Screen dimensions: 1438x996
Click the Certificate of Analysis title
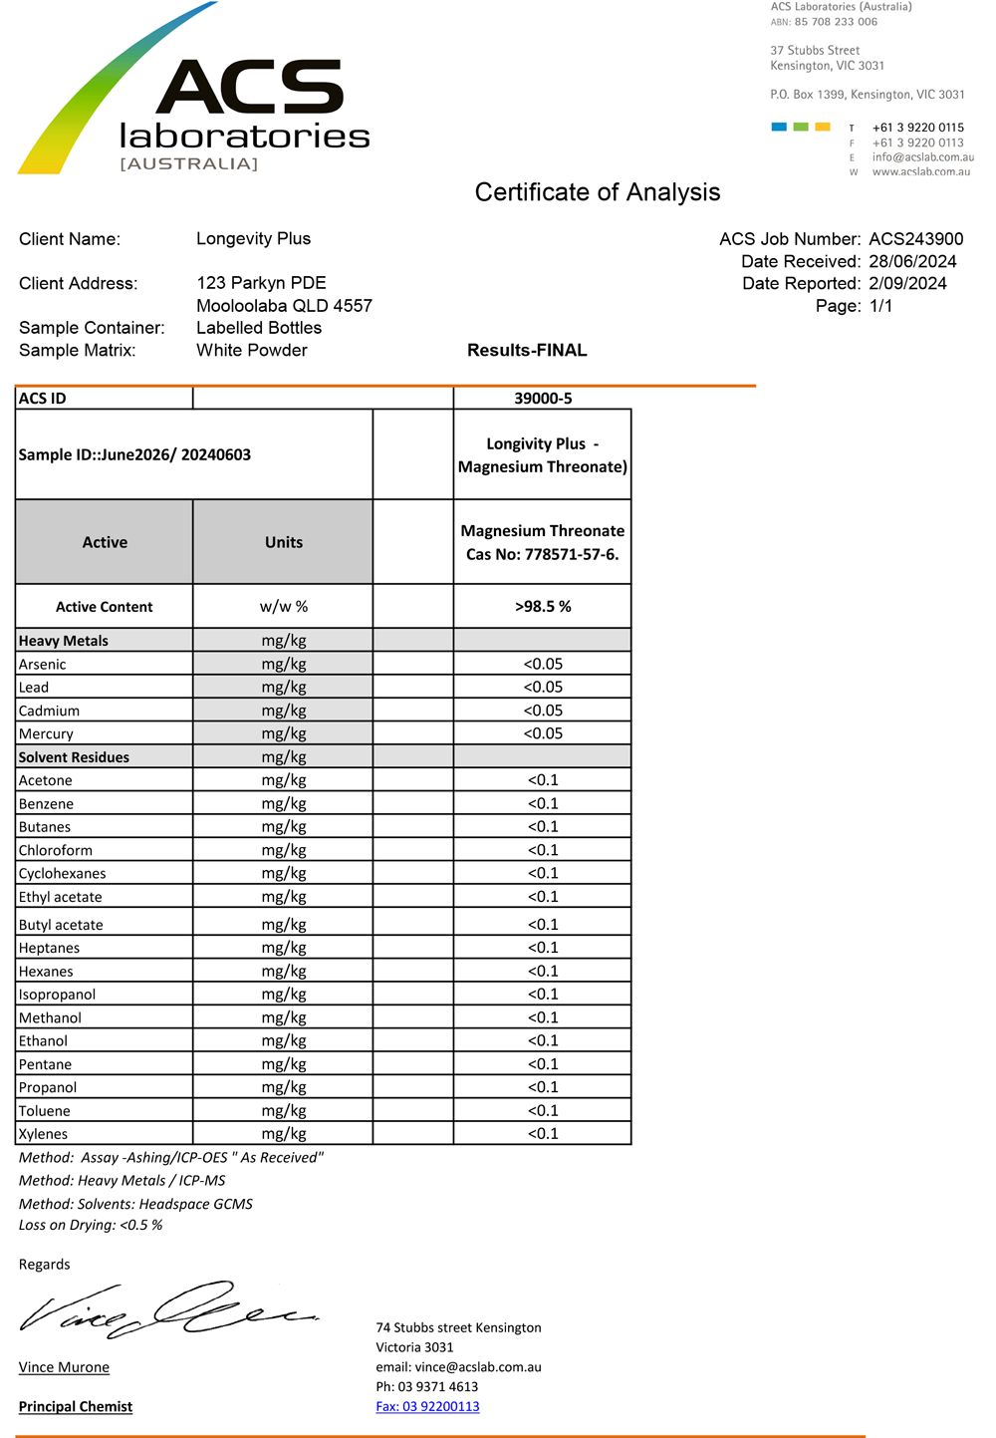click(x=597, y=192)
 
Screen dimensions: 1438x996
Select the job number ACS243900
click(x=915, y=239)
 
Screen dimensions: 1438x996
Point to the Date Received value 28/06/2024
click(x=912, y=262)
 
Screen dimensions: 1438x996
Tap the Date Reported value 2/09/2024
click(x=907, y=284)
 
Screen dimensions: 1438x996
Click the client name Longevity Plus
click(x=253, y=239)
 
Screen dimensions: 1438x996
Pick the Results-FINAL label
click(x=527, y=351)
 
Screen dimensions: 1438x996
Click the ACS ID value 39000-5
click(x=543, y=399)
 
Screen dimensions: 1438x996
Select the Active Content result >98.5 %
click(x=543, y=607)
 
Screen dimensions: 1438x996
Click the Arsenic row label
click(x=43, y=665)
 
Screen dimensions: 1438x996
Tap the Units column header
click(x=283, y=543)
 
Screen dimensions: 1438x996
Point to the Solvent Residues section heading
click(x=74, y=757)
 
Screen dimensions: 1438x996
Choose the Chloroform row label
click(x=56, y=851)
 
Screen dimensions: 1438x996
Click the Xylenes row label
click(x=44, y=1134)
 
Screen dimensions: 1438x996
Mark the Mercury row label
click(x=46, y=734)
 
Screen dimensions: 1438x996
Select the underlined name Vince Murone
click(x=64, y=1367)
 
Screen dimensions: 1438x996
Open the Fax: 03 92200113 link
click(x=427, y=1407)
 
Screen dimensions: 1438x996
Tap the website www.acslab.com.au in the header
click(x=921, y=172)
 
